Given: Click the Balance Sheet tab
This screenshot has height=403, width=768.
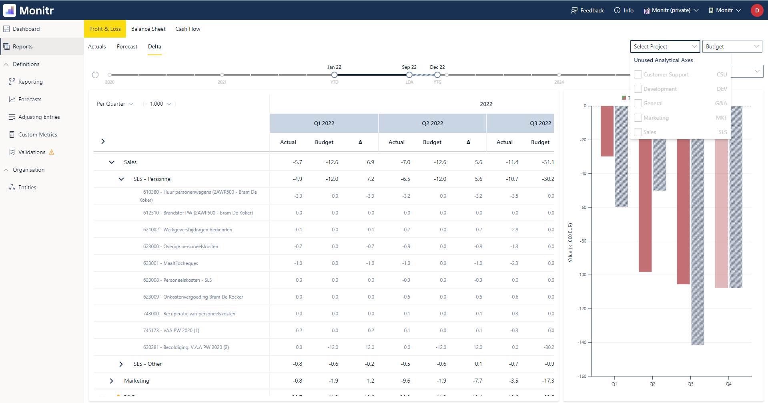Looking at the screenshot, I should (x=148, y=29).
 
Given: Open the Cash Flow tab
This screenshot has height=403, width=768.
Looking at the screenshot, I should (x=188, y=29).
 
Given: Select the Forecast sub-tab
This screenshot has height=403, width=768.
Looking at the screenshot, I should (x=127, y=46).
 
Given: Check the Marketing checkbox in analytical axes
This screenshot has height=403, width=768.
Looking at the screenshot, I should (x=638, y=118).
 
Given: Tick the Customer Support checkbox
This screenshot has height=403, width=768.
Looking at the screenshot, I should (x=638, y=74).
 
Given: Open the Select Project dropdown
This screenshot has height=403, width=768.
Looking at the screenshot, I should (x=665, y=46).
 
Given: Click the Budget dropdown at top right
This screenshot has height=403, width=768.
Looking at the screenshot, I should (x=732, y=46).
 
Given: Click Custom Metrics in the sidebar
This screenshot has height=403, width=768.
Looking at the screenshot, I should (x=38, y=134).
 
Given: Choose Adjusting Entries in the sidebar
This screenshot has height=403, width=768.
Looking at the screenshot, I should (x=39, y=117).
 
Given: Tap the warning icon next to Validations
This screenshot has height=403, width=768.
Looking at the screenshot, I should (x=52, y=152).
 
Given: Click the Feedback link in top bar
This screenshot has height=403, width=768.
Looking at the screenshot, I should (x=587, y=10).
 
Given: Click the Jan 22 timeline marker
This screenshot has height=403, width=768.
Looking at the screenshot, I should (x=334, y=75).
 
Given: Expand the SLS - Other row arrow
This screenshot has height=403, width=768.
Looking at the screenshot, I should (x=121, y=364).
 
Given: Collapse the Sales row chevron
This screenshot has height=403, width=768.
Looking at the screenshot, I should (x=112, y=162).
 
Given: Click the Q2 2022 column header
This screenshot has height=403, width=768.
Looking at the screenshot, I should (x=432, y=123).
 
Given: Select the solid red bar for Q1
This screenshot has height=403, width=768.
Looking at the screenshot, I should (x=607, y=131).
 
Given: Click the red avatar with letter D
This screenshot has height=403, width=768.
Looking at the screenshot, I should (x=757, y=10).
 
